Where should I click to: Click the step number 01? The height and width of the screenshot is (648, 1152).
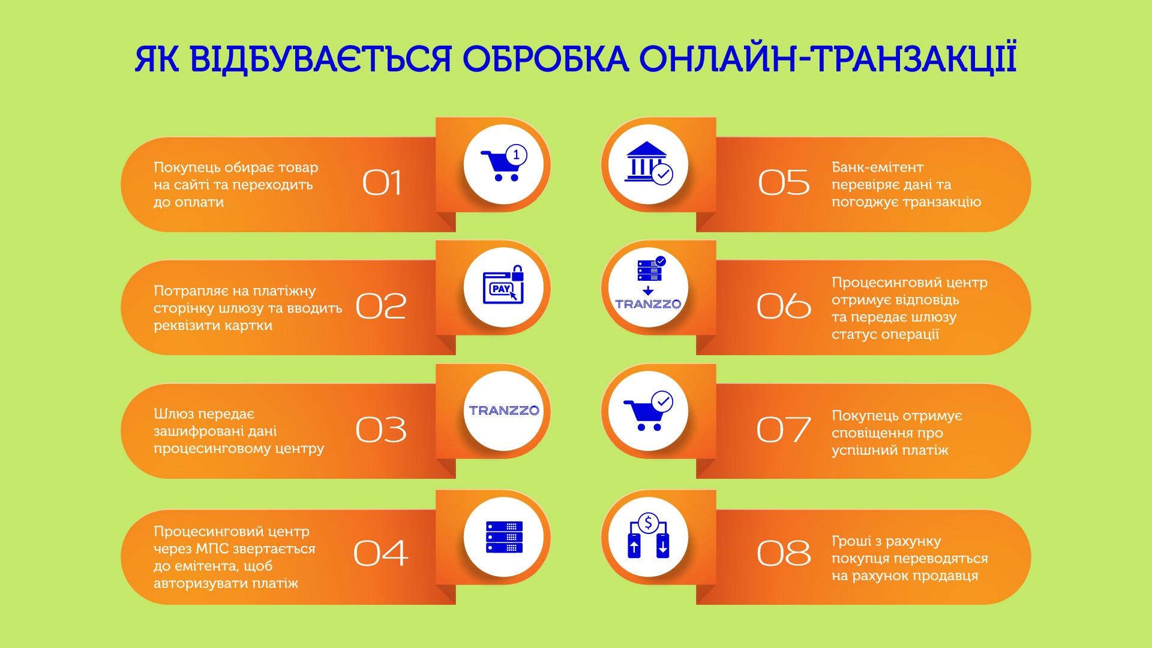coord(382,183)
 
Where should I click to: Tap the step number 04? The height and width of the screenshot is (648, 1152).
coord(380,553)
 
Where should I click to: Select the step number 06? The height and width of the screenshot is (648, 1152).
coord(784,306)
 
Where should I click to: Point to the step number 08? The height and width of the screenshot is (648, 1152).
coord(784,553)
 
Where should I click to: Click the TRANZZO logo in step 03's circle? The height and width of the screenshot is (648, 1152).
coord(504,410)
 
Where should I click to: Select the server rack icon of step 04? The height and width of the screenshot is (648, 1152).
coord(504,537)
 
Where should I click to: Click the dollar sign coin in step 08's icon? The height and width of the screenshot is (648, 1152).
coord(648,523)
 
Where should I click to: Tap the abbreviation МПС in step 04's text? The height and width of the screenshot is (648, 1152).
coord(214,549)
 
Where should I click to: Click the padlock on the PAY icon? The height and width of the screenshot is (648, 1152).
coord(517,273)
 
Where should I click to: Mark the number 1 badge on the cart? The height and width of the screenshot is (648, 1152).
coord(516,155)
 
